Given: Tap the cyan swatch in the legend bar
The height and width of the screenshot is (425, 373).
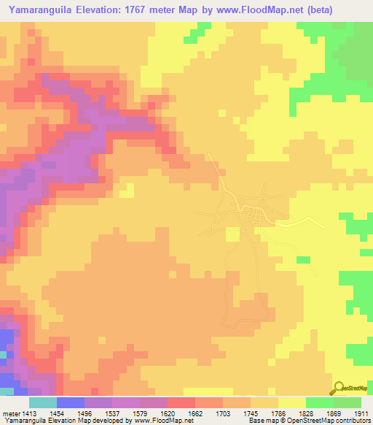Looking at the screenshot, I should click(42, 402).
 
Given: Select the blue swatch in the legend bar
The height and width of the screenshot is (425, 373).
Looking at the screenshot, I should click(70, 402).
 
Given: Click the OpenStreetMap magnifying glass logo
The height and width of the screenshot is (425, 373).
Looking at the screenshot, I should click(339, 388).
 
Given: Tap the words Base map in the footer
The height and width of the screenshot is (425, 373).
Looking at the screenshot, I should click(259, 421).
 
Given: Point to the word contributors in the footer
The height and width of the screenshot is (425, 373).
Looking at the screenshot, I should click(352, 421).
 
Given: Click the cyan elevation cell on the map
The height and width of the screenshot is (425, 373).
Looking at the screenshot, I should click(2, 354).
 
